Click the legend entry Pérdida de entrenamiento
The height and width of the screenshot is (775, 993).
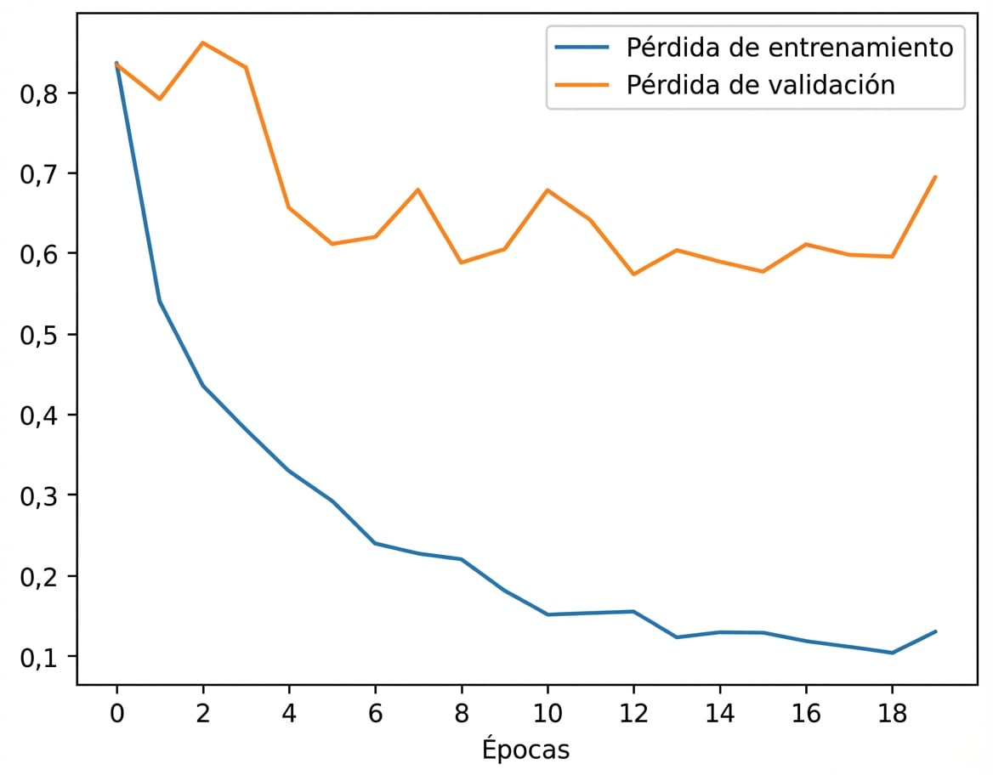point(789,48)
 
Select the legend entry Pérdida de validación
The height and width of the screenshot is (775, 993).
point(760,85)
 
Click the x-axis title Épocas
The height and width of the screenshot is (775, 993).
point(525,750)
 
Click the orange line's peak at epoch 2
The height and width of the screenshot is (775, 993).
point(202,42)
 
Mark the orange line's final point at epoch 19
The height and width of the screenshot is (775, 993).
point(935,177)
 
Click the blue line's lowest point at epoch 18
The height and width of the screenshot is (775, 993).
point(892,653)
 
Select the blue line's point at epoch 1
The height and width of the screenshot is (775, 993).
point(160,302)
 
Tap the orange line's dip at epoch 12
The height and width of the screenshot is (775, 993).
point(633,274)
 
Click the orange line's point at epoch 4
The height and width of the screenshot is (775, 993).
point(289,207)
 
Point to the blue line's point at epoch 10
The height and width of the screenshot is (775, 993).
point(548,614)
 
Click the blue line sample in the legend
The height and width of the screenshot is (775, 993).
point(582,48)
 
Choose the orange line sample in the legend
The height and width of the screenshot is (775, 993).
point(582,85)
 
